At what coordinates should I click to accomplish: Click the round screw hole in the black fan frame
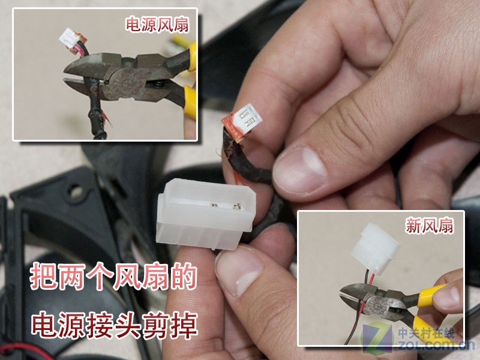[76, 191]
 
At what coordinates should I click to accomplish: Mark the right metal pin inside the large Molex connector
[236, 206]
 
